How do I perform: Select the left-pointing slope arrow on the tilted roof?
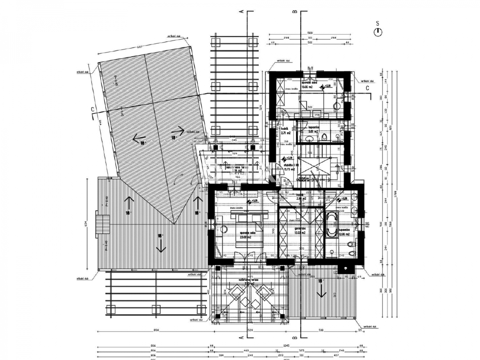(139, 140)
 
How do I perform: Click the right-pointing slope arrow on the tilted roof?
(177, 130)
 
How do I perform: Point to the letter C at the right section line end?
(367, 89)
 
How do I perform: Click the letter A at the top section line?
(242, 12)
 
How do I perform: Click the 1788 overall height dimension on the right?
(396, 195)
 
